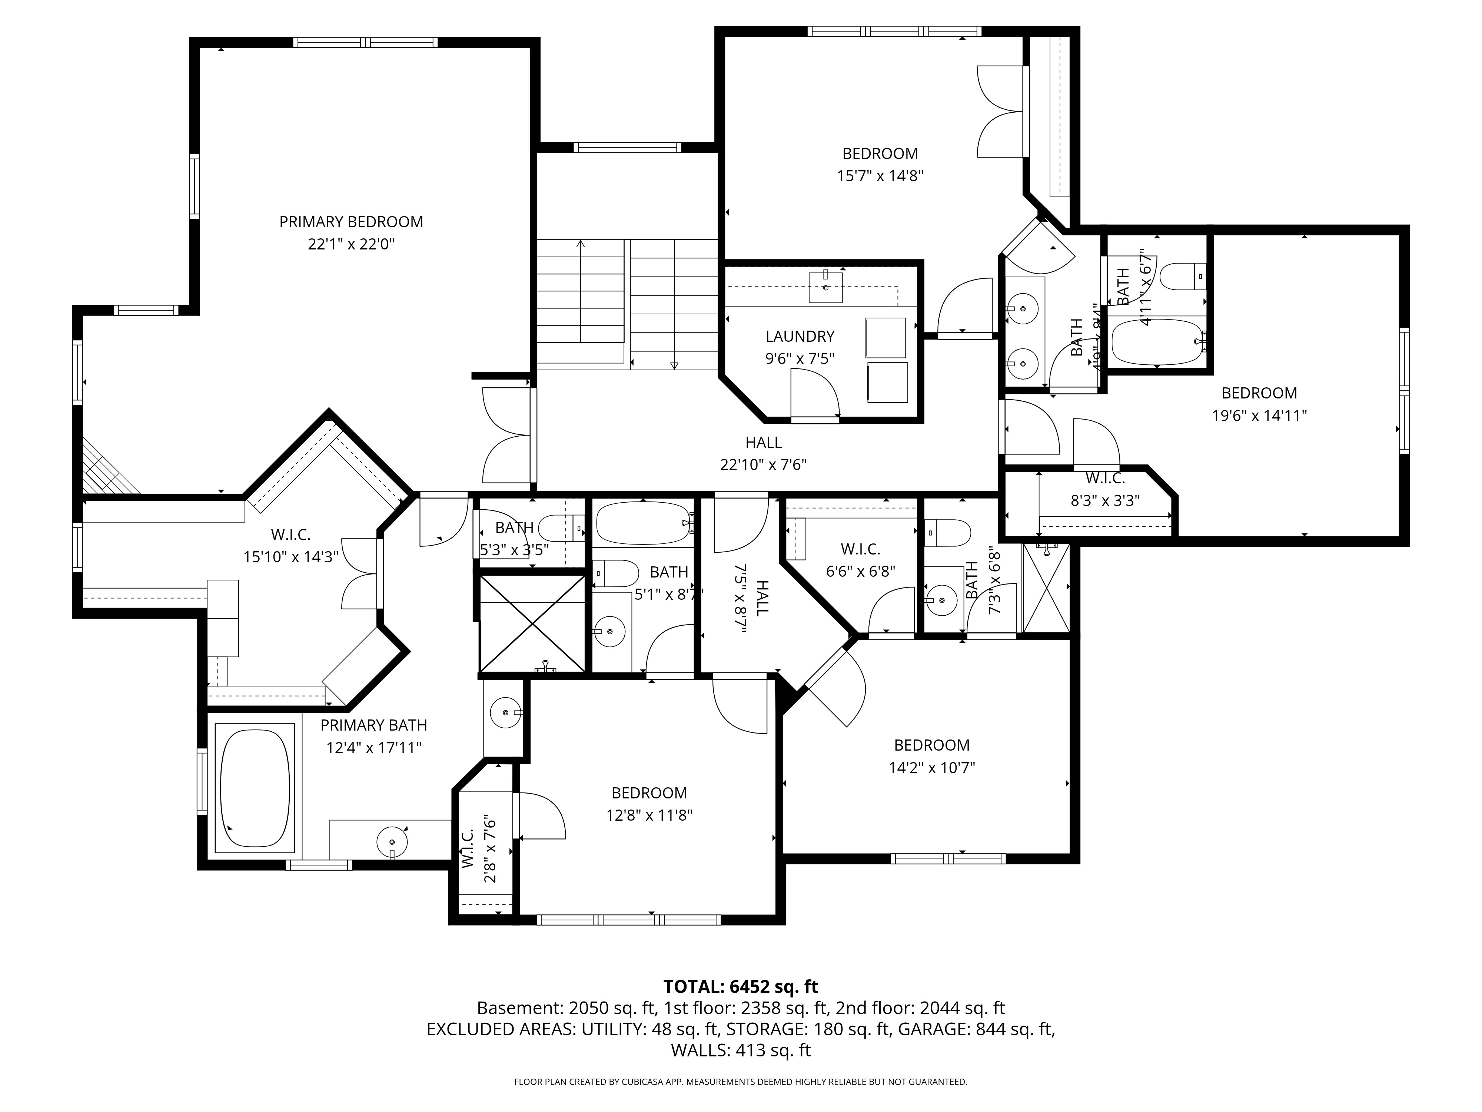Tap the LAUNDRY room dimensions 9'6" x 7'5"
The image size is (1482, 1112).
coord(800,358)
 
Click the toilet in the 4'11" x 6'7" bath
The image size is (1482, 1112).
coord(1183,276)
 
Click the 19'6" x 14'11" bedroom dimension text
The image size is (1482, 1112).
coord(1259,416)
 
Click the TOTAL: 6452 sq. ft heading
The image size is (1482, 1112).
coord(740,987)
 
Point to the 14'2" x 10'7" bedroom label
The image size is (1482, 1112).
coord(931,745)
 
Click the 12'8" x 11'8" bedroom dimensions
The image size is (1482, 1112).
coord(649,815)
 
